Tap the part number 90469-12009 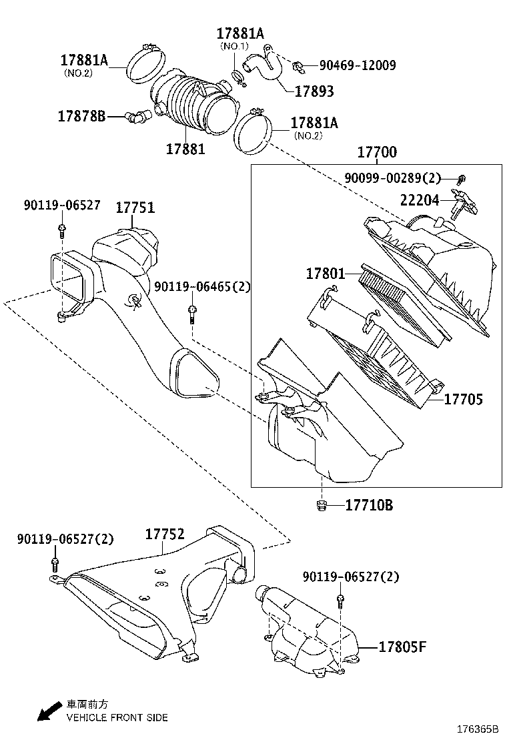(358, 65)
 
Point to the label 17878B (81, 116)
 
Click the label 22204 (420, 200)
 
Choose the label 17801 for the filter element (326, 274)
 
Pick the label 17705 (464, 399)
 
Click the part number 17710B (369, 505)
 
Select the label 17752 (165, 534)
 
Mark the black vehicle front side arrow (47, 712)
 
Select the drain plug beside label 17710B (321, 506)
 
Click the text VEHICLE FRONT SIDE (117, 717)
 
